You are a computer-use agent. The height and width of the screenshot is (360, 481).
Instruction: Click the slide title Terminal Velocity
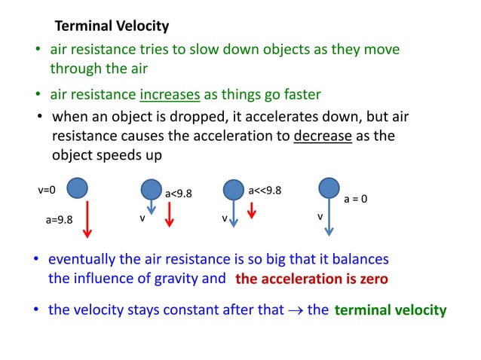coord(112,26)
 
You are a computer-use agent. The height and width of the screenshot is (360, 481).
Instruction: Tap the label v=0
coord(47,190)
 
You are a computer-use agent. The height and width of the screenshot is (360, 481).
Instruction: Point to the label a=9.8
coord(59,221)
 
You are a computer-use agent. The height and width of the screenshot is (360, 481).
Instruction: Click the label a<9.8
coord(179,194)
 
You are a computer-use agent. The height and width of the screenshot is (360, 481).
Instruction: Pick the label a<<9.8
coord(265,190)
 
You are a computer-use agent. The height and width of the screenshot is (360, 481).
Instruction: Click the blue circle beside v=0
coord(77,188)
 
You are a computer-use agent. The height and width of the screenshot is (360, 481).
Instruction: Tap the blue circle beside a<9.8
coord(152,190)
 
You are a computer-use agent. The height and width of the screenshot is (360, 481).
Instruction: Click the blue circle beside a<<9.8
coord(234,189)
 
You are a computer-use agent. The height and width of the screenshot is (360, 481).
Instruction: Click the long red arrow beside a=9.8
coord(87,218)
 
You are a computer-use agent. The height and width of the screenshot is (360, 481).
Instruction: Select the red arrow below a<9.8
coord(170,214)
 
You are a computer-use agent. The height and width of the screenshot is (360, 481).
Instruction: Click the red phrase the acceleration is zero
coord(311,279)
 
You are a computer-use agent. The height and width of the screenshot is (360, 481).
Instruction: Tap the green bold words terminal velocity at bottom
coord(390,310)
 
